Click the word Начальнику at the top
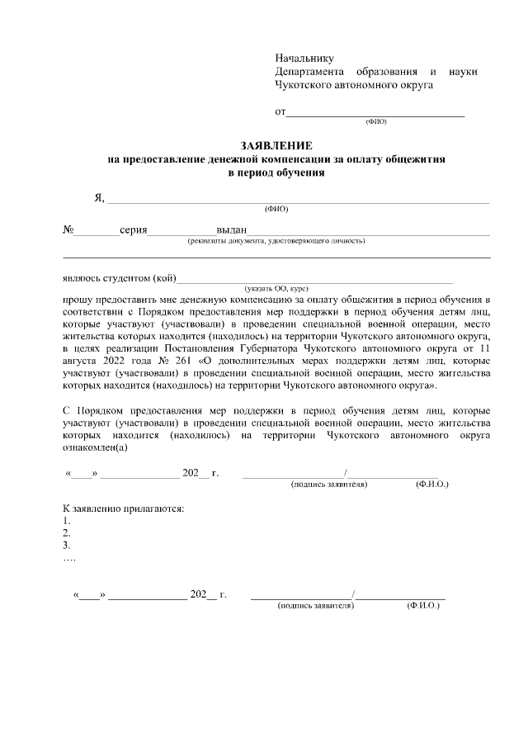point(304,58)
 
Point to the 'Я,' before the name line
point(100,197)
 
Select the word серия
point(133,230)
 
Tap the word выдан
point(232,230)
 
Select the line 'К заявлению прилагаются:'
point(124,507)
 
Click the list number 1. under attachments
point(67,520)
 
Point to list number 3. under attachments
point(67,545)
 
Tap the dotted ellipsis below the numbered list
point(70,558)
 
